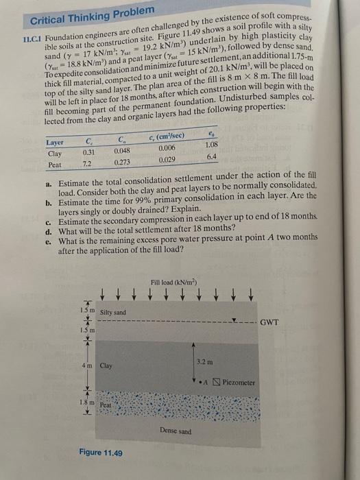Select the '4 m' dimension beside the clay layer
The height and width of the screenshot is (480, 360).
[87, 365]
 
